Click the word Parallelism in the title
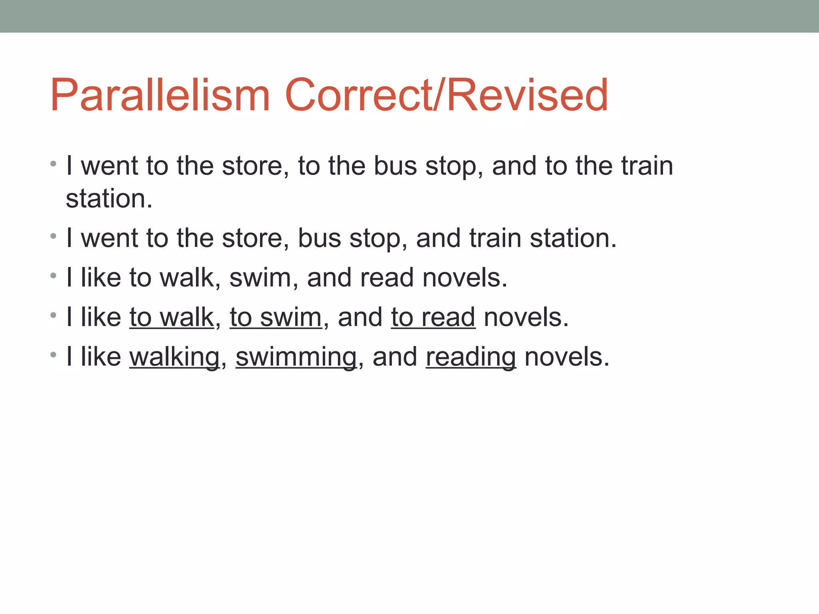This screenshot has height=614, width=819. [160, 96]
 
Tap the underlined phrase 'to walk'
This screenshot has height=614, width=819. [172, 317]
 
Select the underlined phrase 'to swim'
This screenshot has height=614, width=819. [276, 317]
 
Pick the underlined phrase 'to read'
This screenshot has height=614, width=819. [433, 317]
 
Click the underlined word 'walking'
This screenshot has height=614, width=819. [174, 357]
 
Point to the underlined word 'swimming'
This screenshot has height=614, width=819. [296, 357]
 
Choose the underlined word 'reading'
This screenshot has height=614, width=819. [471, 357]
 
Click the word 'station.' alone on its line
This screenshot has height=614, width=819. [109, 199]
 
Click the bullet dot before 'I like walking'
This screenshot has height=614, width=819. [53, 354]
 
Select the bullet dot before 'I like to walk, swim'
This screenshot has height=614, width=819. [53, 275]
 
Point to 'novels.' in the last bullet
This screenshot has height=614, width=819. [567, 357]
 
